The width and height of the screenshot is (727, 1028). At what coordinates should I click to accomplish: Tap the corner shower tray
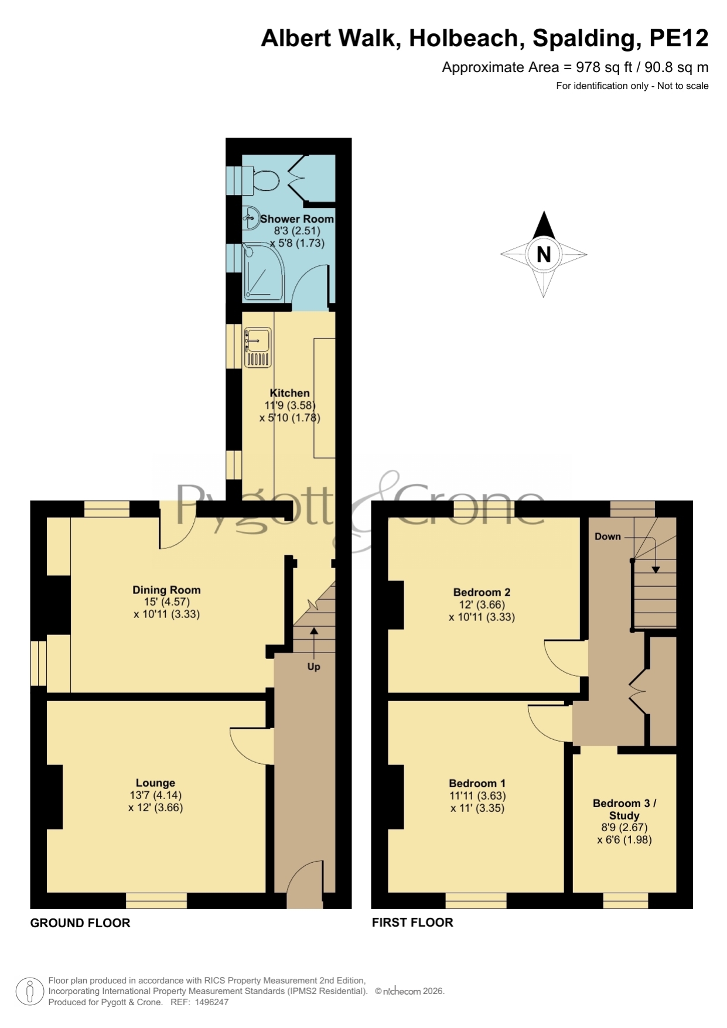coord(263,272)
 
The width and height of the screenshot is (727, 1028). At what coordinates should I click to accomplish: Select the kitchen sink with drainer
coord(258,347)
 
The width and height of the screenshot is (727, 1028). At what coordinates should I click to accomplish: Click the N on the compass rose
coord(544,254)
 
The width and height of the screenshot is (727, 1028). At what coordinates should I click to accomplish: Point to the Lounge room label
coord(155,783)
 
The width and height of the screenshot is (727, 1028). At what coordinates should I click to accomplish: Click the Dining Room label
coord(166,590)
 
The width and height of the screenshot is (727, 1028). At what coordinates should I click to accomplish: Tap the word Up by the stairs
coord(314,667)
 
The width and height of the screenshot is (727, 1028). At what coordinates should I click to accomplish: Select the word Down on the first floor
coord(607,536)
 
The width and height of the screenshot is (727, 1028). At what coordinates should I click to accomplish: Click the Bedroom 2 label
coord(482,592)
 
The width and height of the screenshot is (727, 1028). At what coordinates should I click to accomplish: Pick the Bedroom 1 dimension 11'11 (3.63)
coord(477,795)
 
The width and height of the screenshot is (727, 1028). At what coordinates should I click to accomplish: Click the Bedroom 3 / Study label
coord(624,809)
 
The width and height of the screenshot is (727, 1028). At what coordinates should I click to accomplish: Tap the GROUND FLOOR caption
coord(80,923)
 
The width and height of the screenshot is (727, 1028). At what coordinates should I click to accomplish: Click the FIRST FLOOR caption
coord(412,922)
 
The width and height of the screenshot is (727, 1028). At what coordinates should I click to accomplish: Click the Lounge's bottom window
coord(156,900)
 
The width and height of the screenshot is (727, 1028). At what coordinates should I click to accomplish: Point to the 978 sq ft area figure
coord(604,67)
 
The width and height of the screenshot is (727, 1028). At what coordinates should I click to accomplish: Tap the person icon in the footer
coord(29,992)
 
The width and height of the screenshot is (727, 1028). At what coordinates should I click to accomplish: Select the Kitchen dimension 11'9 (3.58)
coord(290,405)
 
